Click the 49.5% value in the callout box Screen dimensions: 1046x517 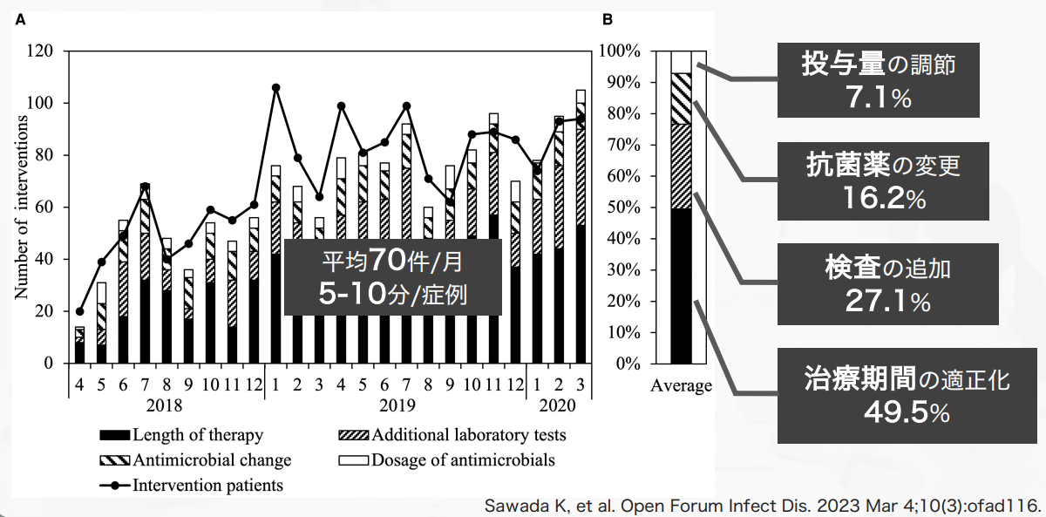(907, 413)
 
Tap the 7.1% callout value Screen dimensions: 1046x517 (879, 98)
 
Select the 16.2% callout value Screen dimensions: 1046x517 (884, 199)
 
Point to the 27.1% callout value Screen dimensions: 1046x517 (887, 302)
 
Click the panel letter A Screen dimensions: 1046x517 (20, 20)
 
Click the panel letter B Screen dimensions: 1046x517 (607, 20)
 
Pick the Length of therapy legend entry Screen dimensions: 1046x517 (181, 435)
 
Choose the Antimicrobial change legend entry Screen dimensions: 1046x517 (195, 460)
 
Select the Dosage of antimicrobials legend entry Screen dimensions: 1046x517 (447, 460)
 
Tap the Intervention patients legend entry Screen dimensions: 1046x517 (192, 486)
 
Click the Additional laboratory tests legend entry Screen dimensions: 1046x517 (452, 435)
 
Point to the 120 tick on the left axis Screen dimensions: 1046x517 (40, 51)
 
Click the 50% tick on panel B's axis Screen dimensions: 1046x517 (623, 207)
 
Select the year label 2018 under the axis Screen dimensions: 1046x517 (165, 405)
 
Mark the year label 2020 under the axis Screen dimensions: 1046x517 (558, 405)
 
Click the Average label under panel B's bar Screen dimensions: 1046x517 (682, 385)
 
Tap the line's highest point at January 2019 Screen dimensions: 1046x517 (276, 88)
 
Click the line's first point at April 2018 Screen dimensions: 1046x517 (80, 311)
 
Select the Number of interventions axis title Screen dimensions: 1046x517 (21, 207)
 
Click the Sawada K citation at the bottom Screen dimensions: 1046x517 (763, 506)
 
